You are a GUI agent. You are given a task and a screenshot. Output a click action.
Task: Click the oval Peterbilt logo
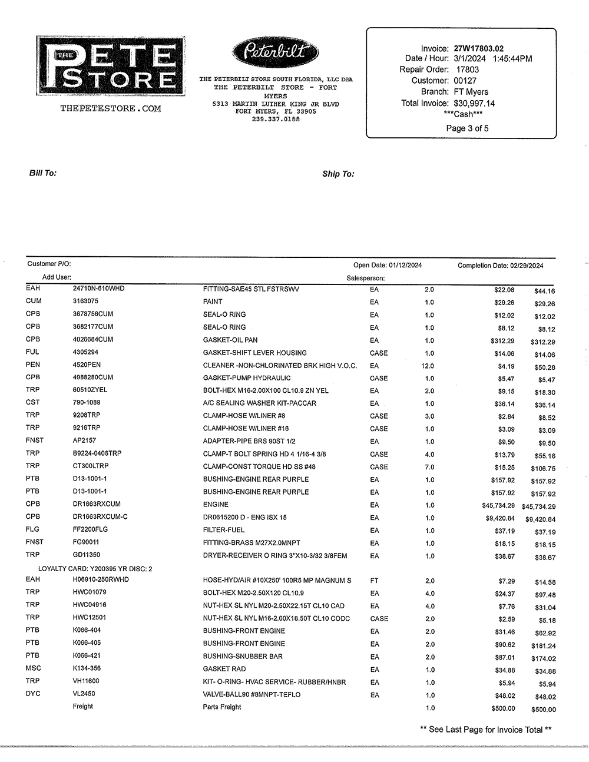[x=276, y=52]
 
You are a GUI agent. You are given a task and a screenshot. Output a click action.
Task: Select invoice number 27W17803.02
[x=478, y=48]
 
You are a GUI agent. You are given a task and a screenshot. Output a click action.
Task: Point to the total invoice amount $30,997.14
[x=474, y=103]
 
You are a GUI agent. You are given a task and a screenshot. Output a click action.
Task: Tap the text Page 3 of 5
[x=467, y=128]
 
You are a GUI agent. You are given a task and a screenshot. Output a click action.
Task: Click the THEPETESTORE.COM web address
[x=110, y=108]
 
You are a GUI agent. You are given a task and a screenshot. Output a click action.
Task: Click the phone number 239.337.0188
[x=276, y=120]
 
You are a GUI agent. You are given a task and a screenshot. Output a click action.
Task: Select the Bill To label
[x=43, y=173]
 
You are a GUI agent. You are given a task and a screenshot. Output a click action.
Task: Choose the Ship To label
[x=338, y=174]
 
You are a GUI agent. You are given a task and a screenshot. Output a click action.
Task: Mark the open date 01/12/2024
[x=405, y=266]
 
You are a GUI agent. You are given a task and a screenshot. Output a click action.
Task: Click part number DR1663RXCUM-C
[x=100, y=517]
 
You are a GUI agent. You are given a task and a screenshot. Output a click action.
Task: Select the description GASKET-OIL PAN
[x=230, y=340]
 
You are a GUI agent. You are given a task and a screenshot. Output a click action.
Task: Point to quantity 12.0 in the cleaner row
[x=429, y=366]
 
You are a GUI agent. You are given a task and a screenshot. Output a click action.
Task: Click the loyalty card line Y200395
[x=95, y=569]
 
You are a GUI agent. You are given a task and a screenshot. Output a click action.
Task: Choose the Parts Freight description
[x=222, y=707]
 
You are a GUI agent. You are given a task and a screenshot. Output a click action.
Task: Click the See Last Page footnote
[x=485, y=730]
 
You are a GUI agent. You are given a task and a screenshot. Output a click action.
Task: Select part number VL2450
[x=84, y=694]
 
